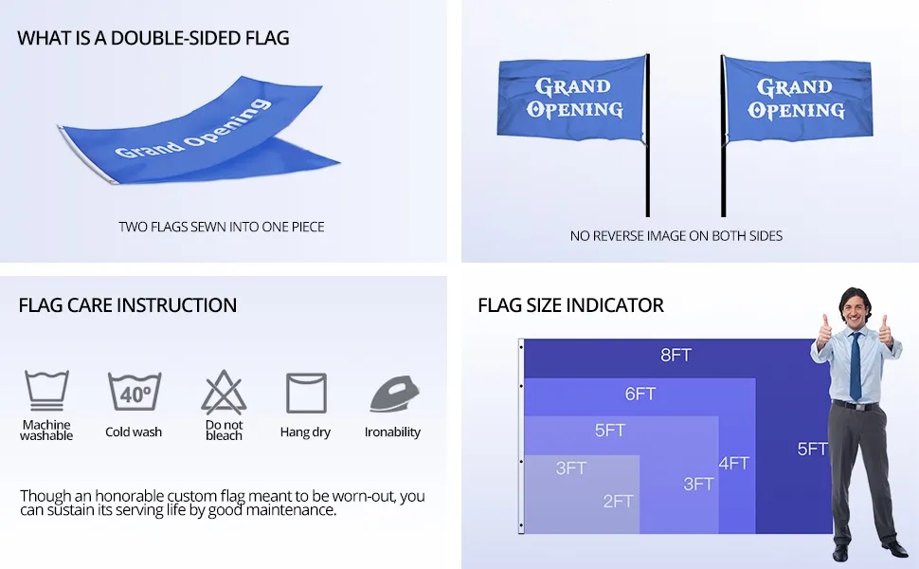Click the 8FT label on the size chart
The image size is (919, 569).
click(676, 355)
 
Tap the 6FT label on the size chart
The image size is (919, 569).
click(640, 394)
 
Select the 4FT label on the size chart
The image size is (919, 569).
click(734, 464)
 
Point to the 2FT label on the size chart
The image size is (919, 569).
click(619, 501)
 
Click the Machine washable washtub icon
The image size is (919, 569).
click(46, 390)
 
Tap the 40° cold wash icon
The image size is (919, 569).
click(135, 392)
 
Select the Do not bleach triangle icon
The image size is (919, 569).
click(224, 392)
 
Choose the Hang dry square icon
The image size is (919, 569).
click(306, 393)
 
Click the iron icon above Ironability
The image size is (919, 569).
click(394, 394)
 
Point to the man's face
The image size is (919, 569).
click(856, 311)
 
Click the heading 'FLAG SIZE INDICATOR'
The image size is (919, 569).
click(571, 305)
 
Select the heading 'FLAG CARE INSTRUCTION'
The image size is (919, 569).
click(128, 305)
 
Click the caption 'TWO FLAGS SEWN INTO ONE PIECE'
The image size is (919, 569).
click(222, 227)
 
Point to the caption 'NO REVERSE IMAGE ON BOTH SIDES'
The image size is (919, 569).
click(676, 236)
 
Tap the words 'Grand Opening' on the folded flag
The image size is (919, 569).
click(193, 129)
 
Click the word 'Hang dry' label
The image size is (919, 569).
click(305, 432)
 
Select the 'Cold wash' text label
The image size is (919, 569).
click(134, 431)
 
